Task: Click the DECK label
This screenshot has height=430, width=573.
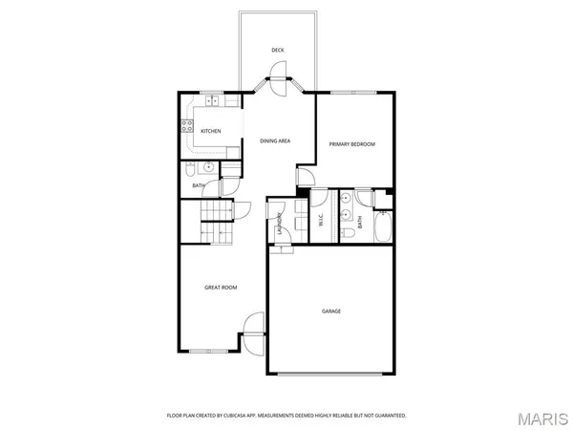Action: (x=277, y=50)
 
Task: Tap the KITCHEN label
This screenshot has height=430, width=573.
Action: (x=211, y=131)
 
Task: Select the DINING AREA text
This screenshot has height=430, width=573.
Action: (x=275, y=141)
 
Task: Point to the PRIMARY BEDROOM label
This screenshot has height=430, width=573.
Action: (x=351, y=144)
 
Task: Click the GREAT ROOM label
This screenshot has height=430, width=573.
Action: (x=221, y=287)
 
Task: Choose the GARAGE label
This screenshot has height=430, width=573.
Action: (x=330, y=312)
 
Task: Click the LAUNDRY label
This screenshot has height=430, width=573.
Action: (x=280, y=222)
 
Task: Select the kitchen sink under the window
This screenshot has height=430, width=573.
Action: (x=210, y=100)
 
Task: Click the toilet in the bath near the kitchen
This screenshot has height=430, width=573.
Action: (x=190, y=169)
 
